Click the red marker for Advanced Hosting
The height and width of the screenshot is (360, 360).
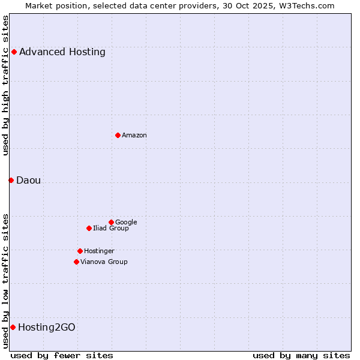click(14, 52)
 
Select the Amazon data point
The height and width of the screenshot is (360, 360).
click(118, 135)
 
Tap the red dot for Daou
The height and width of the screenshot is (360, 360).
click(11, 180)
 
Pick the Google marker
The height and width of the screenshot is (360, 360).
click(111, 222)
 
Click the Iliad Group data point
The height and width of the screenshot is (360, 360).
click(89, 228)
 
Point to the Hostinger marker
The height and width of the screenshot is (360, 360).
click(80, 251)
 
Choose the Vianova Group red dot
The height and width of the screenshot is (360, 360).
click(76, 262)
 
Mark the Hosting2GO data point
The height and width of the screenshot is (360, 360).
click(13, 327)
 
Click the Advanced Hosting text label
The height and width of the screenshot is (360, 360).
click(62, 52)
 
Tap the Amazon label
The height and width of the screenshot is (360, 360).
click(134, 135)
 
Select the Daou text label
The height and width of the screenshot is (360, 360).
click(28, 180)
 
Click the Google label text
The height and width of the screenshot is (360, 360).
click(126, 222)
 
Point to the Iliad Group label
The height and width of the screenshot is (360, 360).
click(111, 228)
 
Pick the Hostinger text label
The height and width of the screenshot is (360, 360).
click(99, 251)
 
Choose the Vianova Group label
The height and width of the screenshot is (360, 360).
click(104, 262)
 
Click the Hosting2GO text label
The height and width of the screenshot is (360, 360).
click(47, 327)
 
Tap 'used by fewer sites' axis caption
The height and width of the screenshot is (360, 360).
click(62, 355)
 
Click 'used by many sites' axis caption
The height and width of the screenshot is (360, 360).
click(301, 355)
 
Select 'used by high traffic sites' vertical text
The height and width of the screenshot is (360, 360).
click(5, 85)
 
